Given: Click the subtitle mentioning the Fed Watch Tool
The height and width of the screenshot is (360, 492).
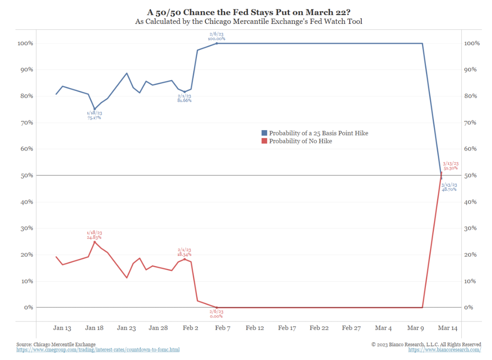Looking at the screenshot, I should point(249,21).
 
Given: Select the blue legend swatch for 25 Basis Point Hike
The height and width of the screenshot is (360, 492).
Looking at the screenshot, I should point(264,133).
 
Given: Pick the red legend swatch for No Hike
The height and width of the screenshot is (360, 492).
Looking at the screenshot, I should point(264,141).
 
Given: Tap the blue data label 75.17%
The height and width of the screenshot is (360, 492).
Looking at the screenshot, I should point(94,118).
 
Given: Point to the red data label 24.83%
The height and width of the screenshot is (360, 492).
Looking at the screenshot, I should point(94,237).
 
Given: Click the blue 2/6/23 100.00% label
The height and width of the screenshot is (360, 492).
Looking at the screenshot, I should point(216,39).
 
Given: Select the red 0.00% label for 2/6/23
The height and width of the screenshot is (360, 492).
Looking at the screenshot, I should point(216,316).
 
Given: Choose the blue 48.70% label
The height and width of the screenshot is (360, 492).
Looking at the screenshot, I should point(449,189).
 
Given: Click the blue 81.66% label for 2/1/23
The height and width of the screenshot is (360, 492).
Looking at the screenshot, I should point(184,101).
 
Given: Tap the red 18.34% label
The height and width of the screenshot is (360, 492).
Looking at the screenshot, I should point(184,255).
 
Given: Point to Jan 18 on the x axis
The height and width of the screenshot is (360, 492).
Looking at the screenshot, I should point(94,328).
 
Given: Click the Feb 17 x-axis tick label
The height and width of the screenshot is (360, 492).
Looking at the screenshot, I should point(287,328).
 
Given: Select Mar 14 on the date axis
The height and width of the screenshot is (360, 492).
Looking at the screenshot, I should point(448,328).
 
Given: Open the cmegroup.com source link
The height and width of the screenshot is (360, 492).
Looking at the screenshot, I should point(98,350).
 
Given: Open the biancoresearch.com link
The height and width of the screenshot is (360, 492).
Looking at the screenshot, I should point(445,350).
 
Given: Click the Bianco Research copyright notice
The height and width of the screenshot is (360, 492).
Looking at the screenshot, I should point(426,344).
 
